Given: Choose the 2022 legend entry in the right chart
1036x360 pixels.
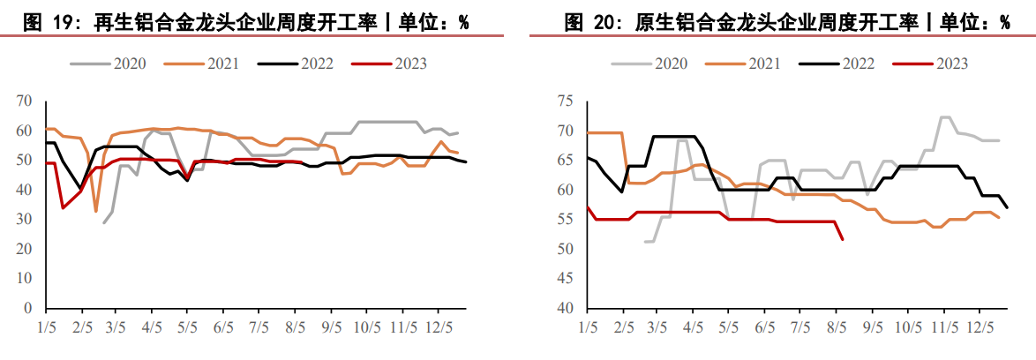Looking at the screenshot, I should tap(857, 64).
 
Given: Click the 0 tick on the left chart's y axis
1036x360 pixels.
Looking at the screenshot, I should tap(28, 308).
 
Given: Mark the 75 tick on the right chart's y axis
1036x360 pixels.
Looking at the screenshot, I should tap(567, 101).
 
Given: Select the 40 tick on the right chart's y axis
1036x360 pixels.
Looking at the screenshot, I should tap(567, 308).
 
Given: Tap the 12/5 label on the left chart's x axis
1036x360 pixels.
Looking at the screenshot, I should tap(439, 326).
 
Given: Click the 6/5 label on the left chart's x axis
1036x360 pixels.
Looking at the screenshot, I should tap(223, 326).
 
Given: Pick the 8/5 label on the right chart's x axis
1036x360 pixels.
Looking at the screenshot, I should tap(836, 326).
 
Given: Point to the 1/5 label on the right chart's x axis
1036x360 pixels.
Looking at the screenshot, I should tap(586, 326).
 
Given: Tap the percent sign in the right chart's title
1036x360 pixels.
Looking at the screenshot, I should tap(1005, 22).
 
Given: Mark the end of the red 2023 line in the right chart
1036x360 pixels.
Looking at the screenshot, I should tap(843, 239).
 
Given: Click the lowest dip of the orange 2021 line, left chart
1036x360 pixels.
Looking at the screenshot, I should tap(96, 211).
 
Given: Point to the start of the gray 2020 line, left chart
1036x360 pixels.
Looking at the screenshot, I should tap(104, 222).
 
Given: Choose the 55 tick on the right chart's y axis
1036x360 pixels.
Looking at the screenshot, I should tap(567, 220).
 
